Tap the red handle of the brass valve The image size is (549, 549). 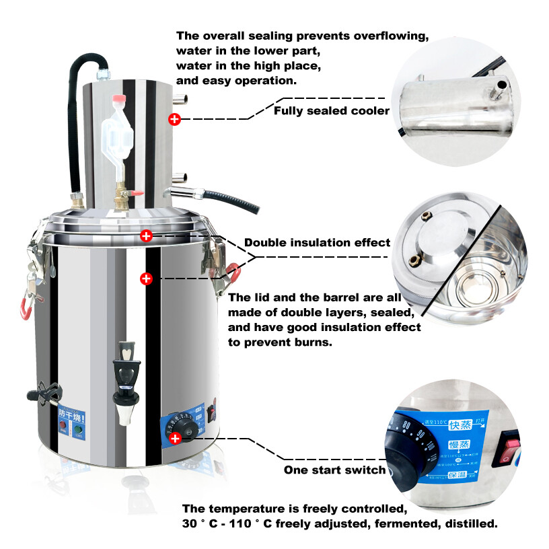point(137,192)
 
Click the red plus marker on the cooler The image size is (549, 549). point(174,119)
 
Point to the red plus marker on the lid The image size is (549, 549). point(147,235)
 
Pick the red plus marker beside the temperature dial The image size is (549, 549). point(176,438)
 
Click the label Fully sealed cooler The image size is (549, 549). point(331,110)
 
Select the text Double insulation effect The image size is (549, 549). point(317,242)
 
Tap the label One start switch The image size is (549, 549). point(334,470)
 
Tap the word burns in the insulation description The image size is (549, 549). point(314,342)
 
